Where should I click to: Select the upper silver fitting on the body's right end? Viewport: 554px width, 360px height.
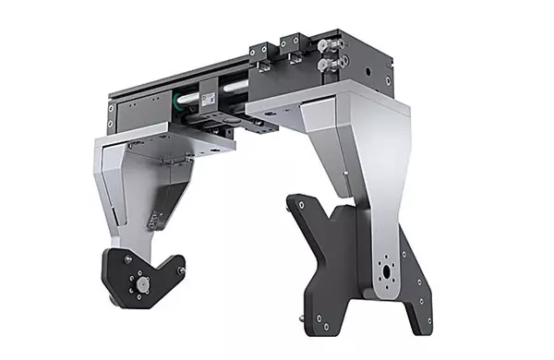click(324, 49)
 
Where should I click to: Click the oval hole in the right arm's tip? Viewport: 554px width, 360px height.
click(385, 275)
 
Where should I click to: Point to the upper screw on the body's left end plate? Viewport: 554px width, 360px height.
click(111, 108)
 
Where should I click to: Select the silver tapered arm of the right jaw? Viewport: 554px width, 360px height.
click(356, 157)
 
